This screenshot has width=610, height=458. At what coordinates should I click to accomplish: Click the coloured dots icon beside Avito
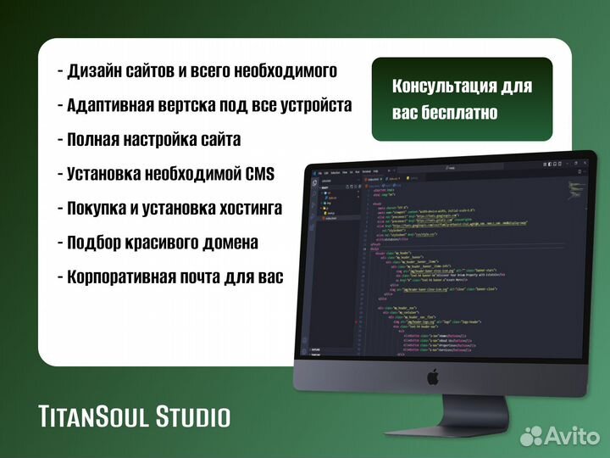click(530, 435)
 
